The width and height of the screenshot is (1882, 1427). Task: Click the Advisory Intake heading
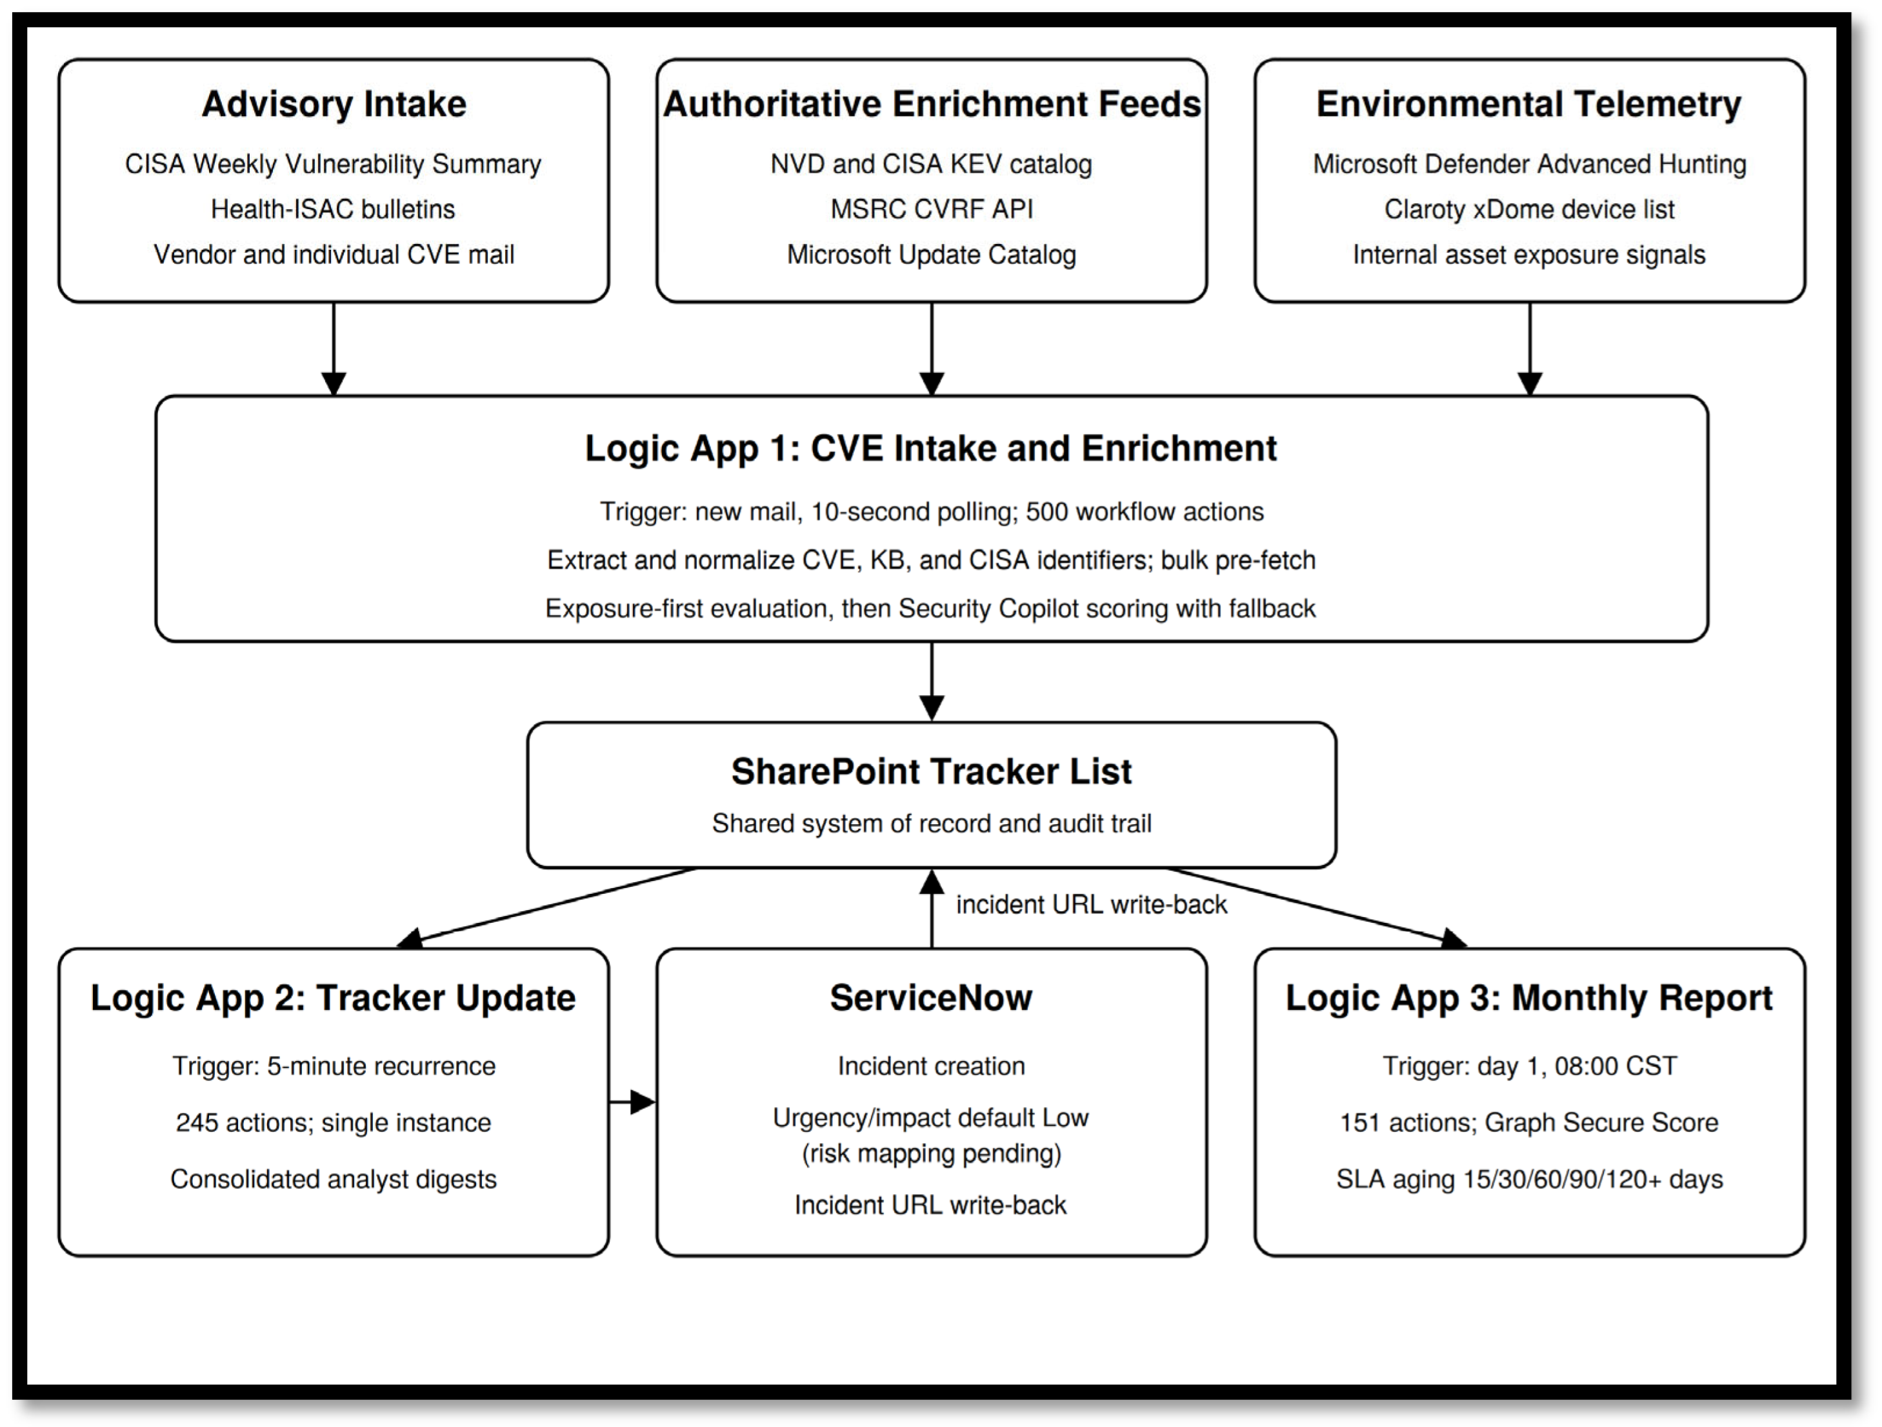point(334,104)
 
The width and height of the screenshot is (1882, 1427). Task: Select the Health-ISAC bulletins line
point(333,209)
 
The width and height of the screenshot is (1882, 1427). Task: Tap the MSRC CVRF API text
point(932,209)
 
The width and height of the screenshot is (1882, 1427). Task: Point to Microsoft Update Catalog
point(932,254)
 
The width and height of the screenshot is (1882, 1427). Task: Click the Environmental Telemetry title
point(1529,104)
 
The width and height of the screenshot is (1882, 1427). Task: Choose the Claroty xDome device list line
point(1529,209)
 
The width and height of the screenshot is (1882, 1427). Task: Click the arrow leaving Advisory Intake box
point(334,349)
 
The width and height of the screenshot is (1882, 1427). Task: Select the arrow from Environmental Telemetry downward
point(1530,349)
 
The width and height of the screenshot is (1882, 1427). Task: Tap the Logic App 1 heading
point(931,449)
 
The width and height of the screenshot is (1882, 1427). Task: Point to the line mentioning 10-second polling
point(932,511)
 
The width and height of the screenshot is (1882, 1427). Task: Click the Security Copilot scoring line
point(931,609)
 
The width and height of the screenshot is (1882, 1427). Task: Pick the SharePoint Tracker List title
point(932,771)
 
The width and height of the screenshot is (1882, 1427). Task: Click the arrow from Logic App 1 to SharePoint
point(932,682)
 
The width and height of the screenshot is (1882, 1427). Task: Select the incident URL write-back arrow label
point(1092,904)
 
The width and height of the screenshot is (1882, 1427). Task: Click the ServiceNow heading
point(931,997)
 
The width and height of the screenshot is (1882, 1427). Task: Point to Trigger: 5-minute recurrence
point(334,1066)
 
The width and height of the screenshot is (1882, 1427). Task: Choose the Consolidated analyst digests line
point(334,1179)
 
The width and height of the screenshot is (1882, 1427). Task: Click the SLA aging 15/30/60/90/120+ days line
point(1529,1179)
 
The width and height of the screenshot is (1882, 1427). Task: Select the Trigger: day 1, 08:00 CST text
point(1529,1066)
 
